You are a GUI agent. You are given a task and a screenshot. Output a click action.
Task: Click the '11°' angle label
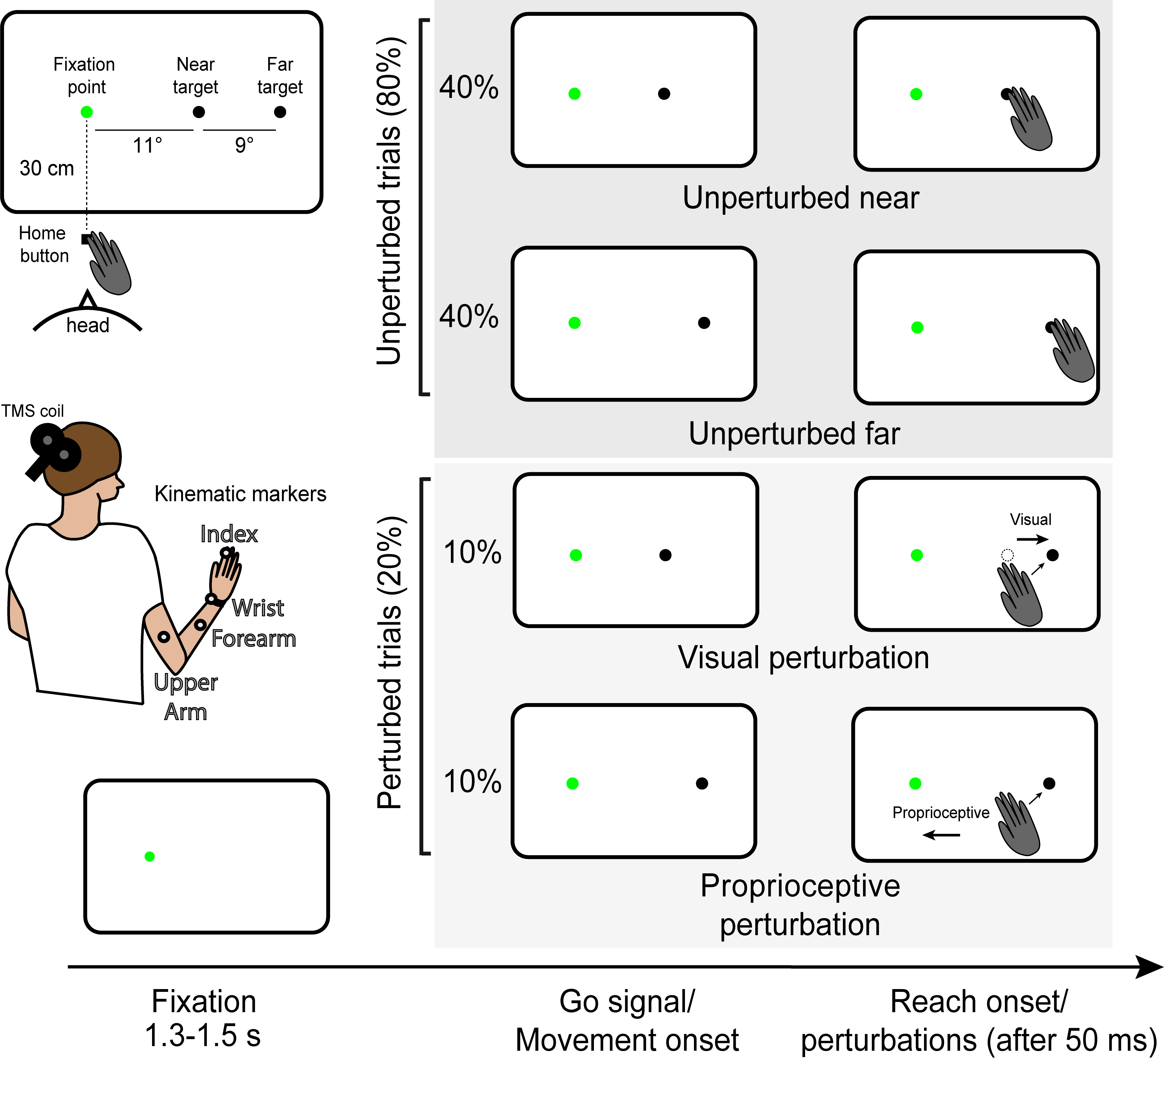click(147, 145)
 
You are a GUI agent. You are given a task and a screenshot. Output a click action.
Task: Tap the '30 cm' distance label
click(47, 168)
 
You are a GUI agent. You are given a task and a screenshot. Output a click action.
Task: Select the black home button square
click(85, 239)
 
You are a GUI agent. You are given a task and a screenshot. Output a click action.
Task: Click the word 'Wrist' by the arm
click(258, 608)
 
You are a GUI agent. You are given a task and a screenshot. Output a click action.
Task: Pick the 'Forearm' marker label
click(254, 639)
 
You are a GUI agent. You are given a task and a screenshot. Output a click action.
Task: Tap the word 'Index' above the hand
click(229, 534)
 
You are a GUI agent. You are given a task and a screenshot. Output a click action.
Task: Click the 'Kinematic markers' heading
click(240, 494)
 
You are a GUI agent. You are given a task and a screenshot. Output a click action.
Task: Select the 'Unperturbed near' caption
click(800, 198)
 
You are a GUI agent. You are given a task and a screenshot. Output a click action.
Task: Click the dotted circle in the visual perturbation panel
click(1007, 555)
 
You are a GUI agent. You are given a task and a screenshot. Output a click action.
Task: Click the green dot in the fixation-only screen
click(150, 857)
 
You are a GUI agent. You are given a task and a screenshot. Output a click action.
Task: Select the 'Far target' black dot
click(280, 112)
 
